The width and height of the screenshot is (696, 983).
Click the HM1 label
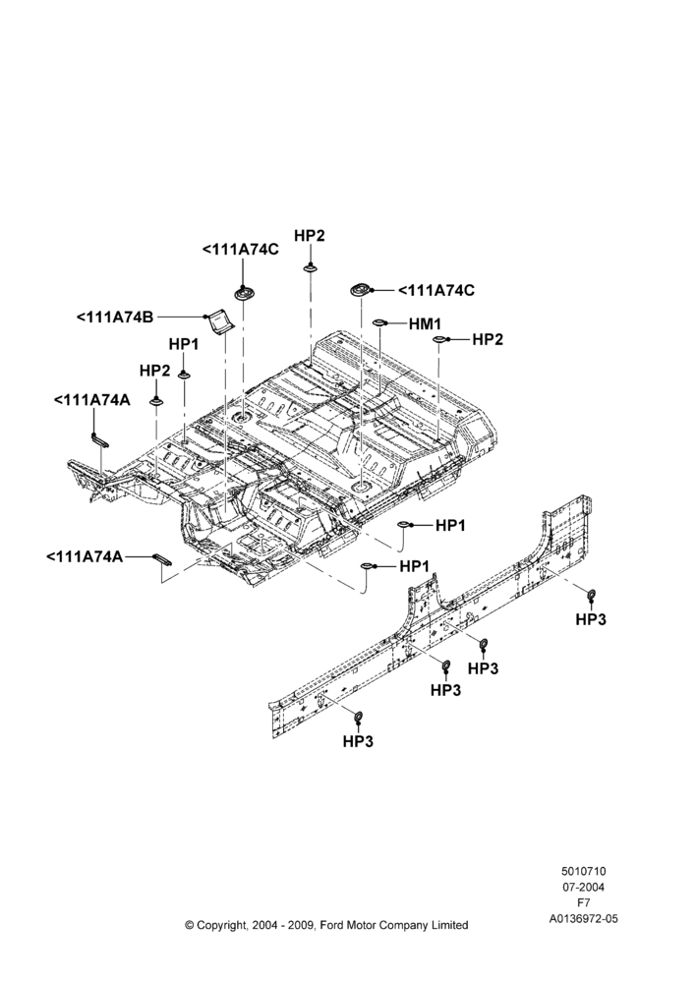pos(425,323)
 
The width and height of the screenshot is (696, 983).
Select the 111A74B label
pos(115,318)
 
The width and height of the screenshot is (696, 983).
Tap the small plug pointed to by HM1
pos(378,322)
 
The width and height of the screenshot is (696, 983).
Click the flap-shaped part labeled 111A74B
pos(220,321)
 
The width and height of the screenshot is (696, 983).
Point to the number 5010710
pos(583,871)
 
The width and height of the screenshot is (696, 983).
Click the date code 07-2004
pos(583,887)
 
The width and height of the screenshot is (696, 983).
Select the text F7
pos(583,902)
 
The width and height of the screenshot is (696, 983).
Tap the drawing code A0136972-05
pos(583,918)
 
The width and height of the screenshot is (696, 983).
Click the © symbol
pos(190,925)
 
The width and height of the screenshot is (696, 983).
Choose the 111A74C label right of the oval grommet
pos(435,291)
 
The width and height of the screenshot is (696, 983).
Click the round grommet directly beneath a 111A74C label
pos(243,293)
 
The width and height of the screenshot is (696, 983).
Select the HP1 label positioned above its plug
pos(184,345)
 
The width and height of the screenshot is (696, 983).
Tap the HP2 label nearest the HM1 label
pos(488,340)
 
